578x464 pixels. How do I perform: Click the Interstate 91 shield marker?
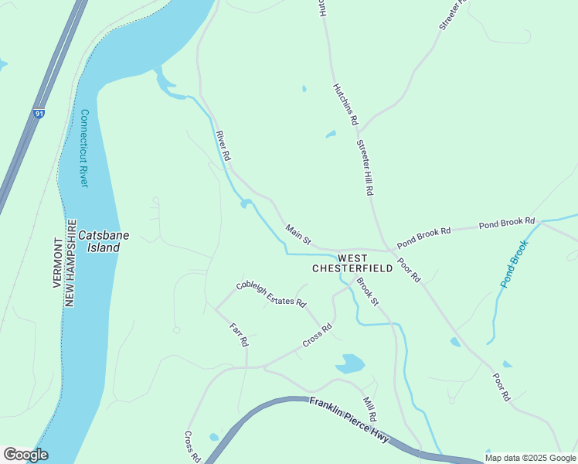[39, 114]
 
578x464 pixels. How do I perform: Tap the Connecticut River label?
[84, 148]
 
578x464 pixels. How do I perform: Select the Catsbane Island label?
[98, 241]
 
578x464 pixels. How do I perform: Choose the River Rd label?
[224, 145]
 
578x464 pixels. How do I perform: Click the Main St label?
[297, 234]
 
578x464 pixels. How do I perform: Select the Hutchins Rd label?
[345, 104]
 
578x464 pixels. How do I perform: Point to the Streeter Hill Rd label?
[365, 167]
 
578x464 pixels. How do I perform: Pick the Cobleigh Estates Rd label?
[270, 295]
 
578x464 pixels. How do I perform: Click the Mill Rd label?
[369, 409]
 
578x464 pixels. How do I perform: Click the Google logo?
[25, 455]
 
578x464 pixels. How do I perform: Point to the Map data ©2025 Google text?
[530, 458]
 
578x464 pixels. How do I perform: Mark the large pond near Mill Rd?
[350, 363]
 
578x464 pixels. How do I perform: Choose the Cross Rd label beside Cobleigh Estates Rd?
[317, 335]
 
